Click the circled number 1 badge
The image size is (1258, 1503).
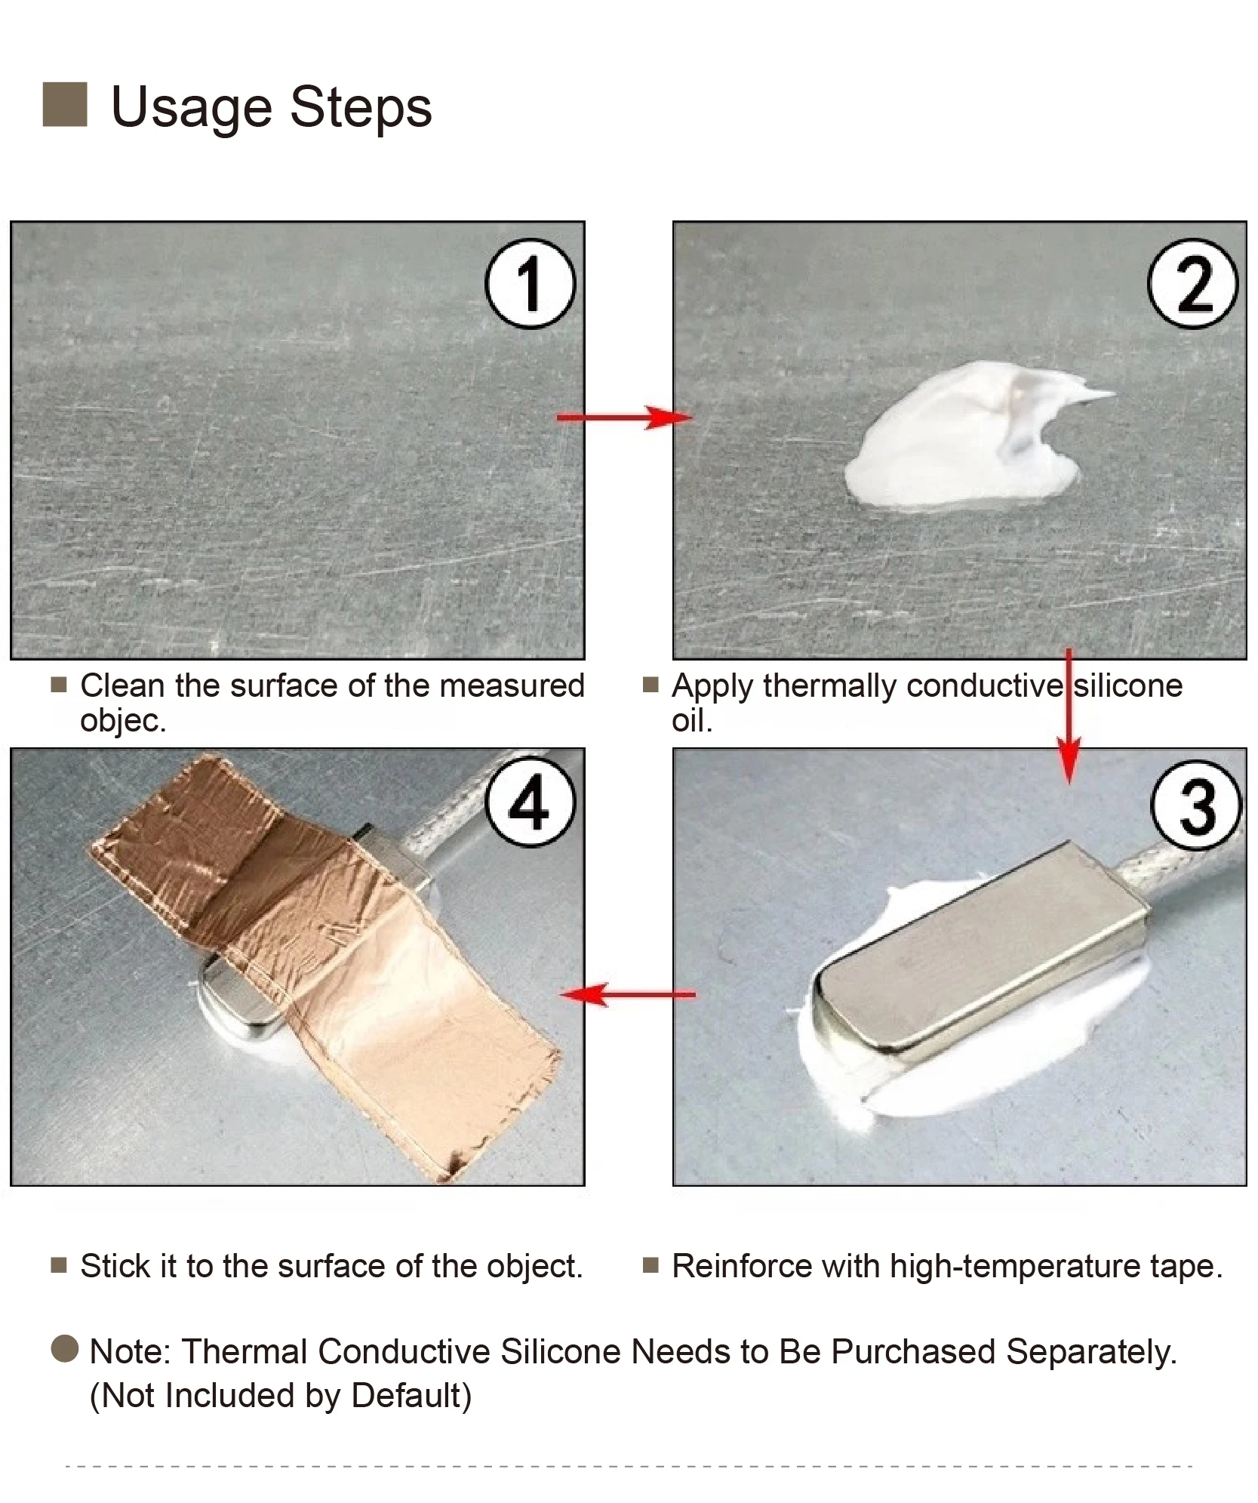pyautogui.click(x=529, y=283)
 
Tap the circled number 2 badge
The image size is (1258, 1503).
pyautogui.click(x=1193, y=283)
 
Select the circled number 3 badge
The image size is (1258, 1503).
pyautogui.click(x=1196, y=805)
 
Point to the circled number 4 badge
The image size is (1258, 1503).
pyautogui.click(x=530, y=801)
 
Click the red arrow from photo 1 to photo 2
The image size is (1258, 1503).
pyautogui.click(x=624, y=417)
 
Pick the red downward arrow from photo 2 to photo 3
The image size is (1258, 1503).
pyautogui.click(x=1069, y=716)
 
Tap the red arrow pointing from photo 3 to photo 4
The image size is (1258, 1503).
pyautogui.click(x=628, y=994)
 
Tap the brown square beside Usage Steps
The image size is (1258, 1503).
pyautogui.click(x=65, y=104)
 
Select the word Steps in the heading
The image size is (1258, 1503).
pyautogui.click(x=361, y=107)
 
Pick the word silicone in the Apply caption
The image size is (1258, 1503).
pyautogui.click(x=1128, y=685)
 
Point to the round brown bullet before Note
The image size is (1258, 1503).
pyautogui.click(x=65, y=1348)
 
